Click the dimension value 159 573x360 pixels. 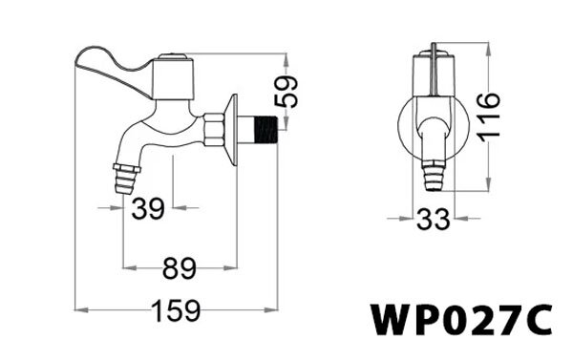coord(177,311)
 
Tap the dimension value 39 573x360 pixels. coord(147,208)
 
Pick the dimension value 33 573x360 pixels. coord(433,220)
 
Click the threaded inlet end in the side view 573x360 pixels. coord(262,129)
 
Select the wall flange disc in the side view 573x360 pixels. coord(230,128)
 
